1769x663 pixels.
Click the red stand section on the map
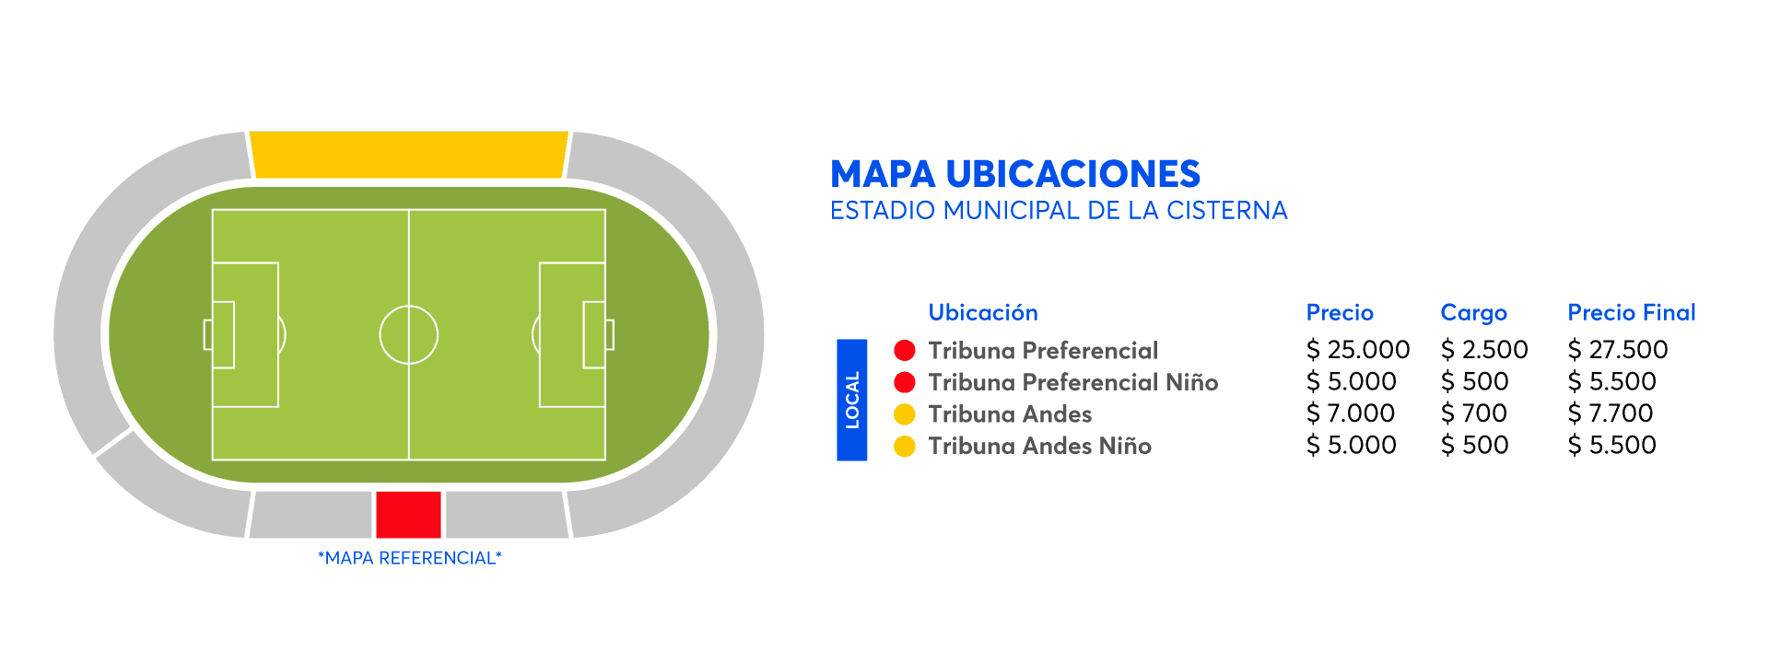pos(408,515)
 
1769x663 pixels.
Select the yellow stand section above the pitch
pos(409,155)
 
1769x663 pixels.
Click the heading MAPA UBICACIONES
pos(1015,174)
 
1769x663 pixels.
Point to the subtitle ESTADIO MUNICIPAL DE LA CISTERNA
pos(1059,211)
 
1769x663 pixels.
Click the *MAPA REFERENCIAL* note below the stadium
pos(410,558)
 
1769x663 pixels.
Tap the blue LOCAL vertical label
pos(852,400)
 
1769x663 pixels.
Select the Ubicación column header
pos(983,313)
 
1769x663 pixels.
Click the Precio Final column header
pos(1632,313)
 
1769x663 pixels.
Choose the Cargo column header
pos(1474,314)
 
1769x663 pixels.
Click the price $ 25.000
pos(1358,350)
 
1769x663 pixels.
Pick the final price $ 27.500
pos(1618,350)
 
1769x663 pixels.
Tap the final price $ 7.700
pos(1611,413)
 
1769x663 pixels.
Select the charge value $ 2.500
pos(1484,350)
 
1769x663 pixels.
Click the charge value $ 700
pos(1474,413)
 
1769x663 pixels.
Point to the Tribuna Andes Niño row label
pos(1040,446)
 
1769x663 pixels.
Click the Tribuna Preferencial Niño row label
pos(1073,382)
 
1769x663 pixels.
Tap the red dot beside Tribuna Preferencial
pos(905,350)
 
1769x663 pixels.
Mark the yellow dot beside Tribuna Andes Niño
pos(905,446)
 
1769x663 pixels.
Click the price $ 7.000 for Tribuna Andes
pos(1351,413)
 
